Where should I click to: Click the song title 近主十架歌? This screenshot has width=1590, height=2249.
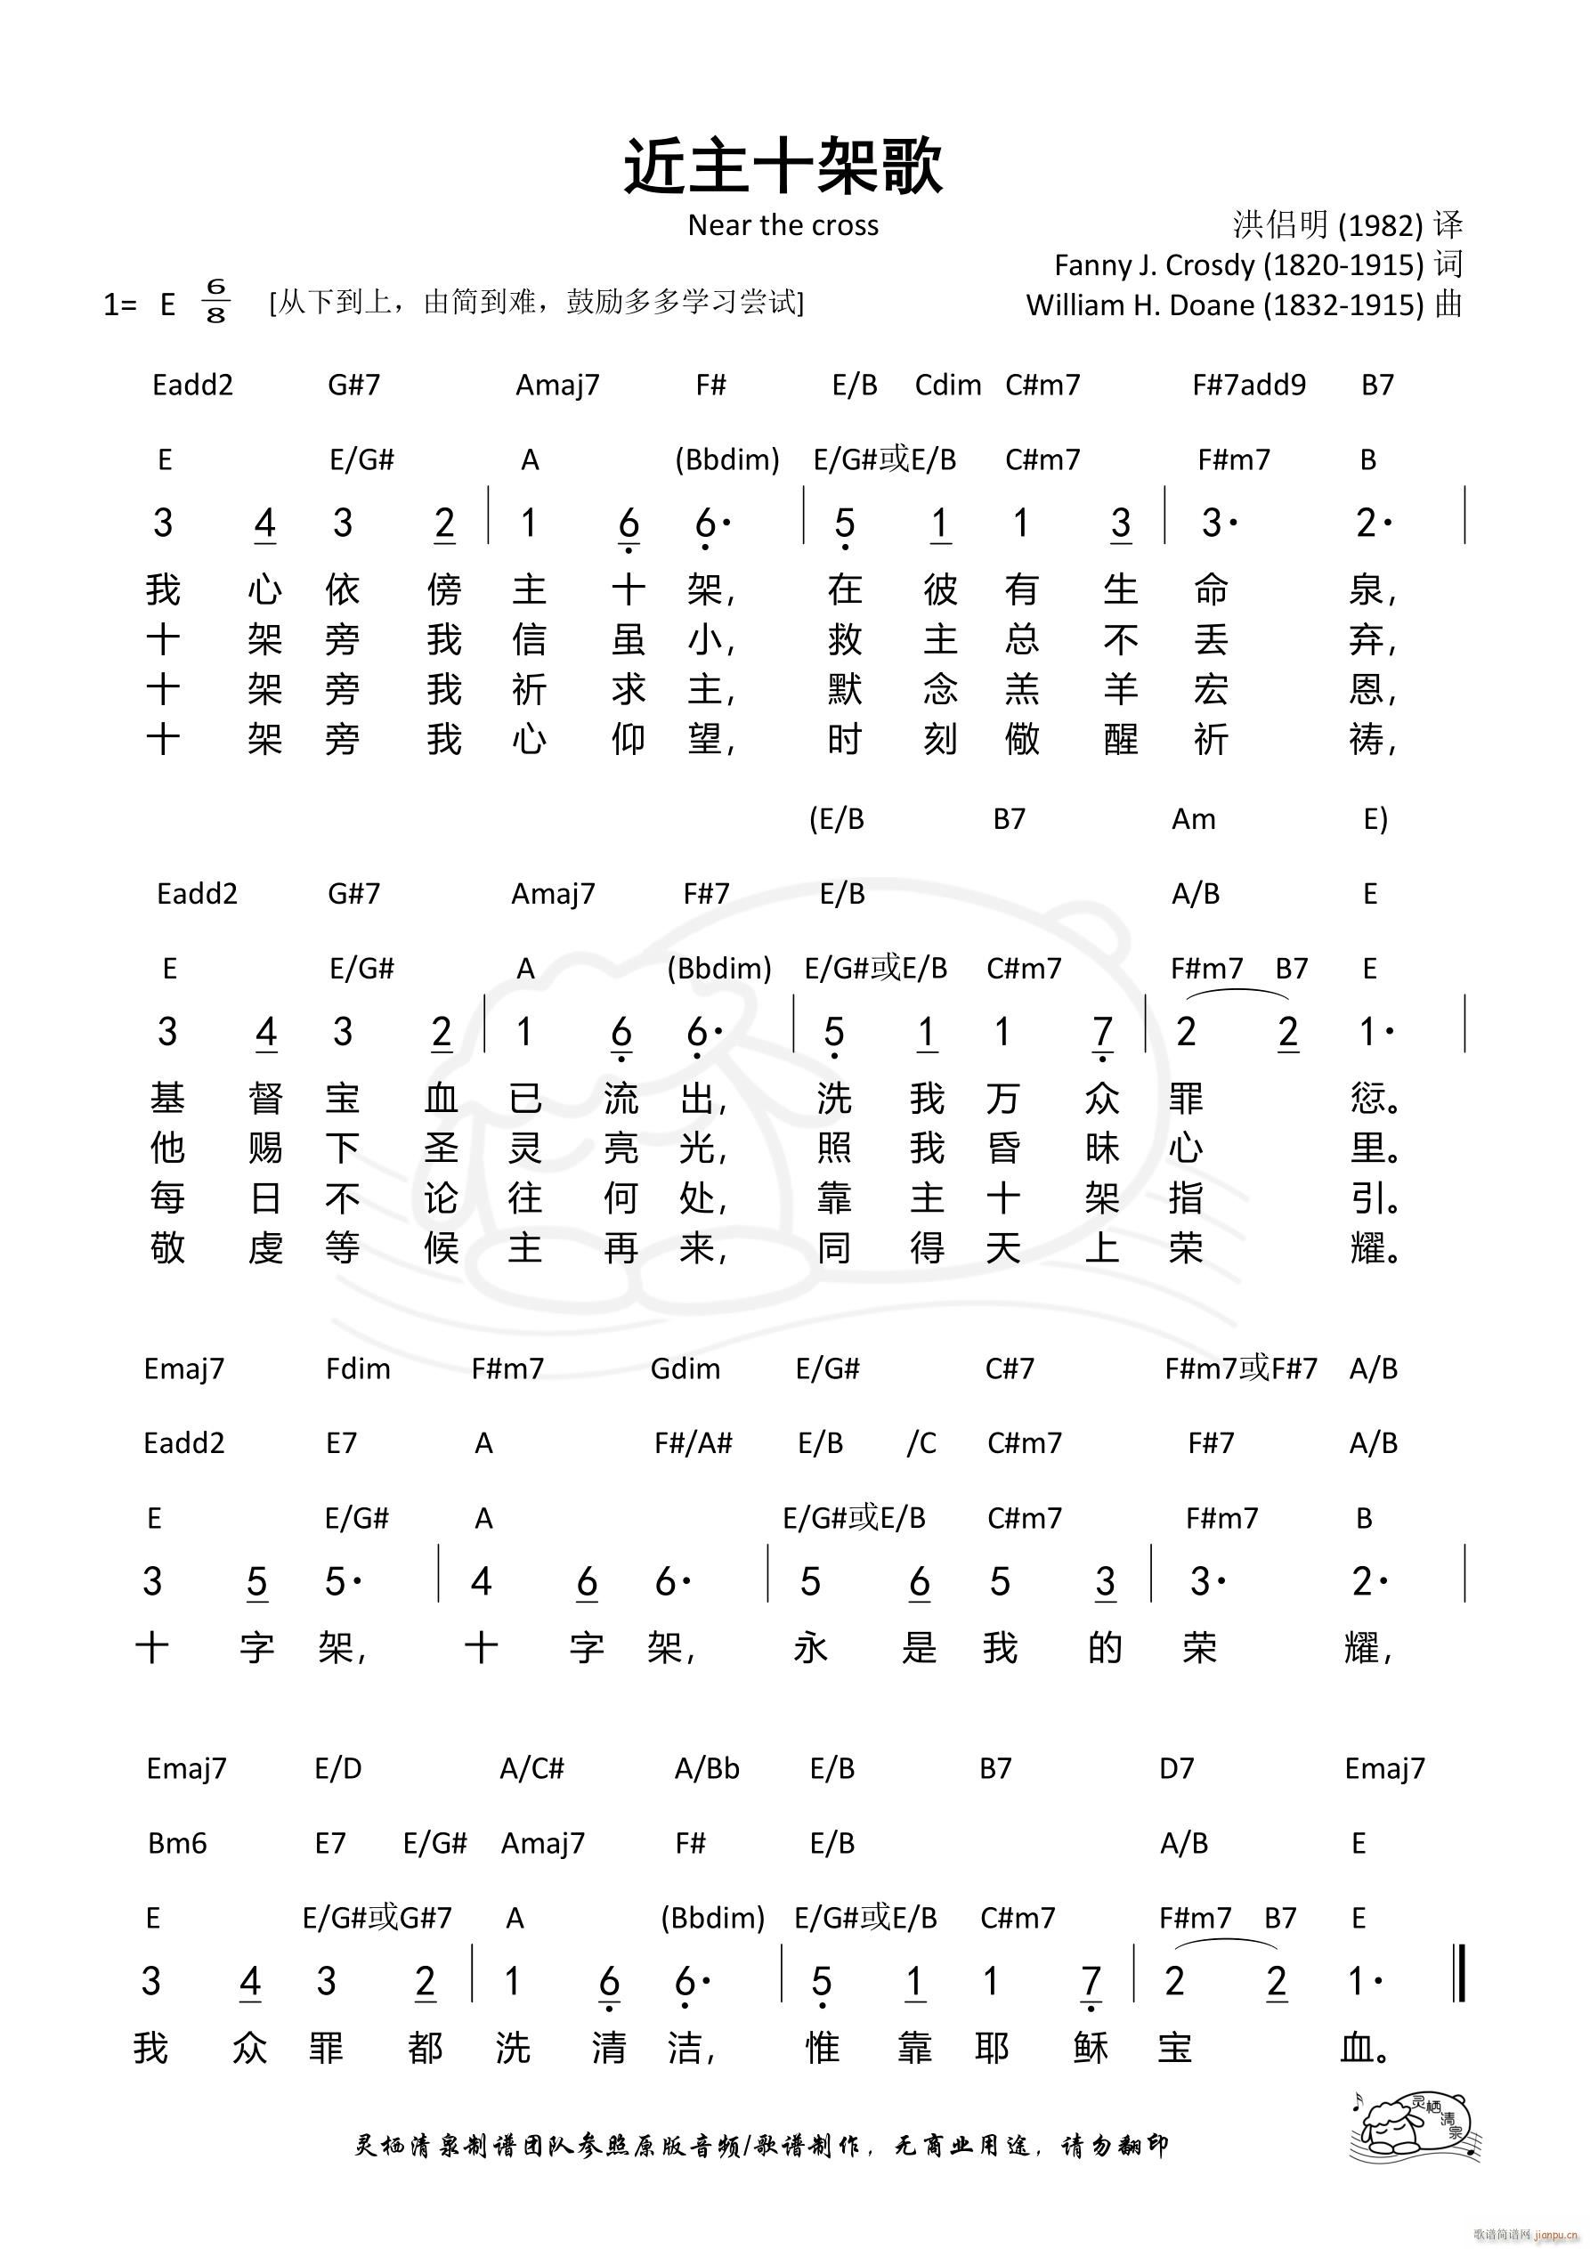click(783, 166)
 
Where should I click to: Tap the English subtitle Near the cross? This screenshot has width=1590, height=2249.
click(783, 225)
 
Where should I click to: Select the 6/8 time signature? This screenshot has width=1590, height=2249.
click(215, 301)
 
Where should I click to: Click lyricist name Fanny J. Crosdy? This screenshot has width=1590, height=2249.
click(1238, 265)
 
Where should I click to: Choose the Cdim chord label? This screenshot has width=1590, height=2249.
click(947, 385)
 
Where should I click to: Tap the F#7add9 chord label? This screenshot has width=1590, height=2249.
click(1248, 385)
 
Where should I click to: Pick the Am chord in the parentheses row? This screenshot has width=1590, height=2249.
click(1193, 819)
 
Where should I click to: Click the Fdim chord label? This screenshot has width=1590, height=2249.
click(358, 1368)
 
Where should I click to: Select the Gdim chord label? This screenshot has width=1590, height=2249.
click(685, 1368)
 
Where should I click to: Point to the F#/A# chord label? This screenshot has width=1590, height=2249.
click(693, 1443)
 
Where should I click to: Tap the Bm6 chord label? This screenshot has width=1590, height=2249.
click(177, 1844)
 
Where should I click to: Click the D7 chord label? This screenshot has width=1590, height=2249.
click(1177, 1768)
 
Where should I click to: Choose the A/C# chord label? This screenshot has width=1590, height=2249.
click(532, 1768)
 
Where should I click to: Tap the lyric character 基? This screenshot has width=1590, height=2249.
click(167, 1099)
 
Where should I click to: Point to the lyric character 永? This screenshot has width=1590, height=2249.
click(810, 1647)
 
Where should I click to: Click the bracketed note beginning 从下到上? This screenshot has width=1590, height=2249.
click(536, 302)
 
